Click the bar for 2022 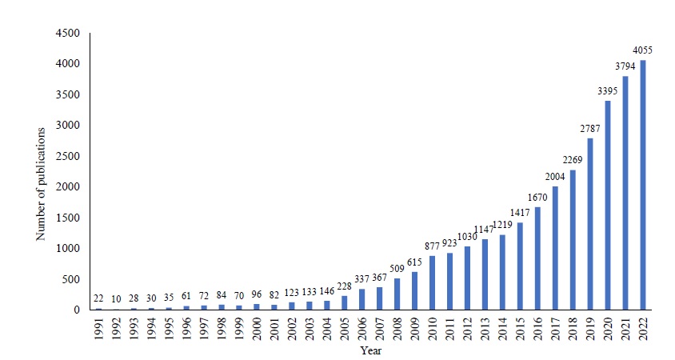click(643, 185)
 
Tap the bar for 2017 click(555, 248)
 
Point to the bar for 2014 click(502, 272)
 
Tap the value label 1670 click(537, 197)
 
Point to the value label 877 click(433, 246)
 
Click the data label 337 click(362, 280)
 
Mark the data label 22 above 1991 click(99, 299)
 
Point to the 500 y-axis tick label click(71, 279)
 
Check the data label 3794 click(625, 66)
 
